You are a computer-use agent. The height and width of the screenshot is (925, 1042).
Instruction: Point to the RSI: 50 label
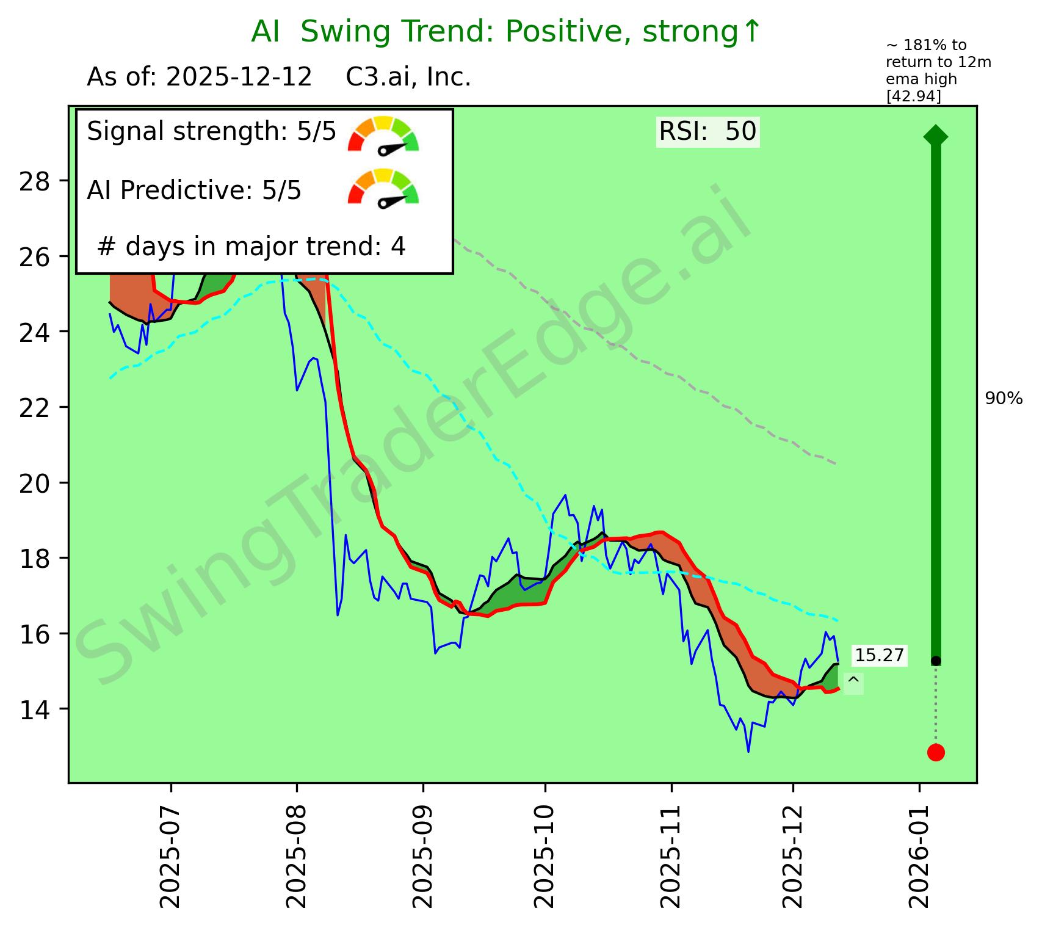[707, 131]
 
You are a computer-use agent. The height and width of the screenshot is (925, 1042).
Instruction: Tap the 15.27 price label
[879, 656]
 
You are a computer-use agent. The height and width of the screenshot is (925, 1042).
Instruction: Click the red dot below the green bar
[936, 752]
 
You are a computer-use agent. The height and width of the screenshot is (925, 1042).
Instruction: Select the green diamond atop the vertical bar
[936, 136]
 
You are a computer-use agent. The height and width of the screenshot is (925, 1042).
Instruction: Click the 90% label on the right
[1004, 399]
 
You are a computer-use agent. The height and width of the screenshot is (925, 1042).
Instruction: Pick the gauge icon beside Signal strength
[383, 135]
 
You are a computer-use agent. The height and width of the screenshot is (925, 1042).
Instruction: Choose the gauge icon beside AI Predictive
[383, 187]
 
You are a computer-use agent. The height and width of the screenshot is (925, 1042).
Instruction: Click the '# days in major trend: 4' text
[251, 247]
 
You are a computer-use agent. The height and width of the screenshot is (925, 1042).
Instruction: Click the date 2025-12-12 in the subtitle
[239, 78]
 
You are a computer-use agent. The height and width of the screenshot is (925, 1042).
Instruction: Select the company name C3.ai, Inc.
[408, 78]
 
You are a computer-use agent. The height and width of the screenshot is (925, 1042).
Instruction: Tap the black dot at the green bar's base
[936, 661]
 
